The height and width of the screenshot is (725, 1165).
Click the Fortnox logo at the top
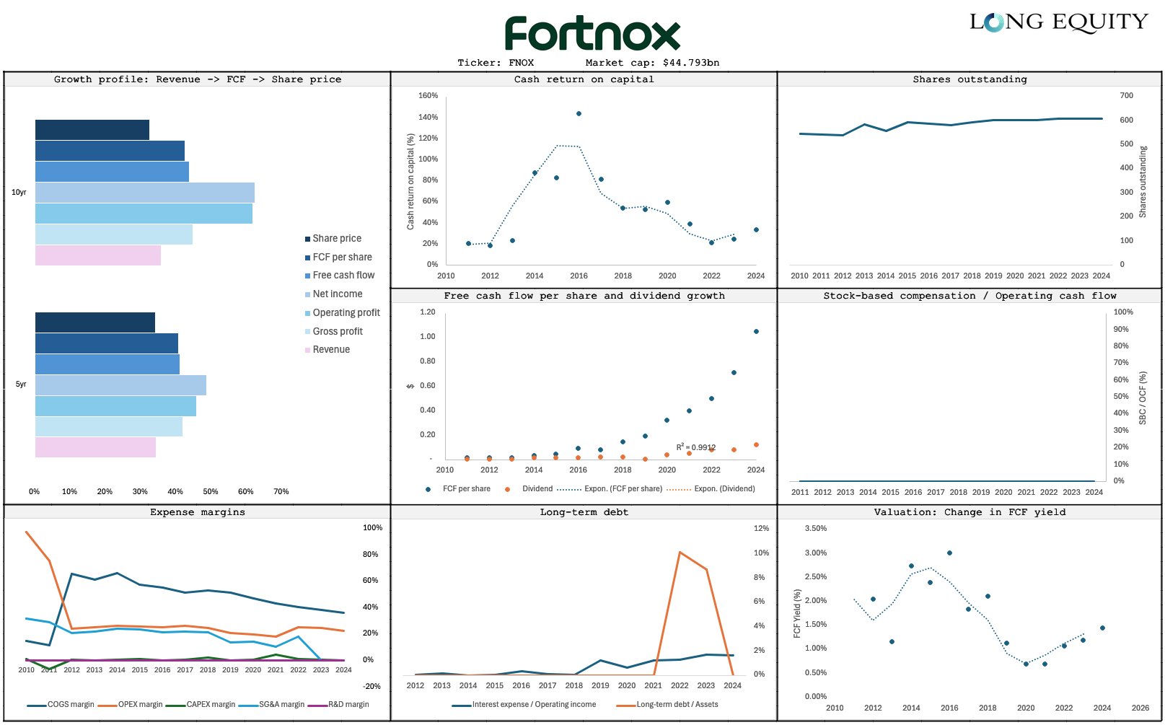[592, 33]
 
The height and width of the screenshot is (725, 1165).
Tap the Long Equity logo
[1058, 22]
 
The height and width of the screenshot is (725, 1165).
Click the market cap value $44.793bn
[691, 63]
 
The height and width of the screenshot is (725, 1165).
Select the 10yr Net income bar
[144, 193]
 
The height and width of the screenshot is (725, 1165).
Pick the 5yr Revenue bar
[95, 447]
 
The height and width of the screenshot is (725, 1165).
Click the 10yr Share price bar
[92, 130]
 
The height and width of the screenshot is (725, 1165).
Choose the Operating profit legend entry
[346, 312]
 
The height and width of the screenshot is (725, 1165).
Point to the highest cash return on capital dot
[579, 113]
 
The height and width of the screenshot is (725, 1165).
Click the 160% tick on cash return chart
[428, 95]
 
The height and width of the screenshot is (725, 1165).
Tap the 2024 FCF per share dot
[756, 332]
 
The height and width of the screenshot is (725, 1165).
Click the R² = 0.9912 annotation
[695, 447]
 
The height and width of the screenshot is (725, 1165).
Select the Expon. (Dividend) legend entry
[724, 488]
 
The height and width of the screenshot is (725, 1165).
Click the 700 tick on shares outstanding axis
[1126, 95]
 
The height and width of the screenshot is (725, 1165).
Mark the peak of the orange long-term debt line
[680, 553]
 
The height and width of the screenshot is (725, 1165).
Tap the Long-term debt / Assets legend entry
[677, 704]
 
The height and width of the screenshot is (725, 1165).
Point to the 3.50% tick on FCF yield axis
[815, 528]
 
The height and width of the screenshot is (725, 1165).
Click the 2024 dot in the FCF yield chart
[1102, 628]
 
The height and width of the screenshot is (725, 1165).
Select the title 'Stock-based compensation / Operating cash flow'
[970, 296]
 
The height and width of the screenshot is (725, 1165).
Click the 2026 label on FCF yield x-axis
[1140, 708]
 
